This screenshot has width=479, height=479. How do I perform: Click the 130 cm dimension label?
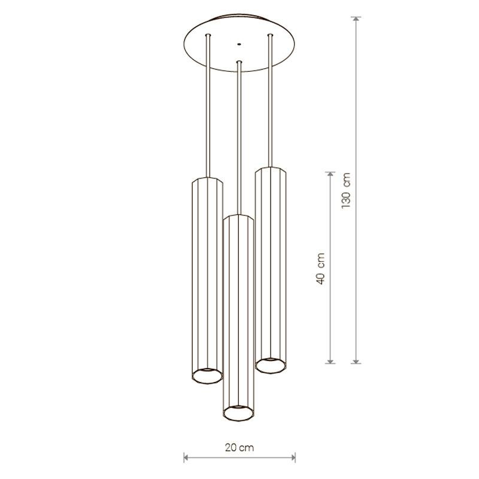(346, 190)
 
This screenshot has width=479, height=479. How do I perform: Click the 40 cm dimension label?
(320, 269)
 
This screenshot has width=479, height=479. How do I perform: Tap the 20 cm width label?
(239, 448)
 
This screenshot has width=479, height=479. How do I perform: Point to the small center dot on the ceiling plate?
(239, 44)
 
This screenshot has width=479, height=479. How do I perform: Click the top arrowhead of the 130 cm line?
(356, 19)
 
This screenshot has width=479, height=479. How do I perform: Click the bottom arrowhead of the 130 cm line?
(356, 361)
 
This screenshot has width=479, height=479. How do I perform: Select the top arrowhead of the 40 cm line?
(330, 174)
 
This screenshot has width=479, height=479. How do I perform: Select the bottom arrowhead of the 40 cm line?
(330, 361)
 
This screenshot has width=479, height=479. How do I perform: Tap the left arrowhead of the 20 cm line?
(186, 457)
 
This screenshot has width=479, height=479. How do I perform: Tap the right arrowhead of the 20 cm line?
(293, 457)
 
